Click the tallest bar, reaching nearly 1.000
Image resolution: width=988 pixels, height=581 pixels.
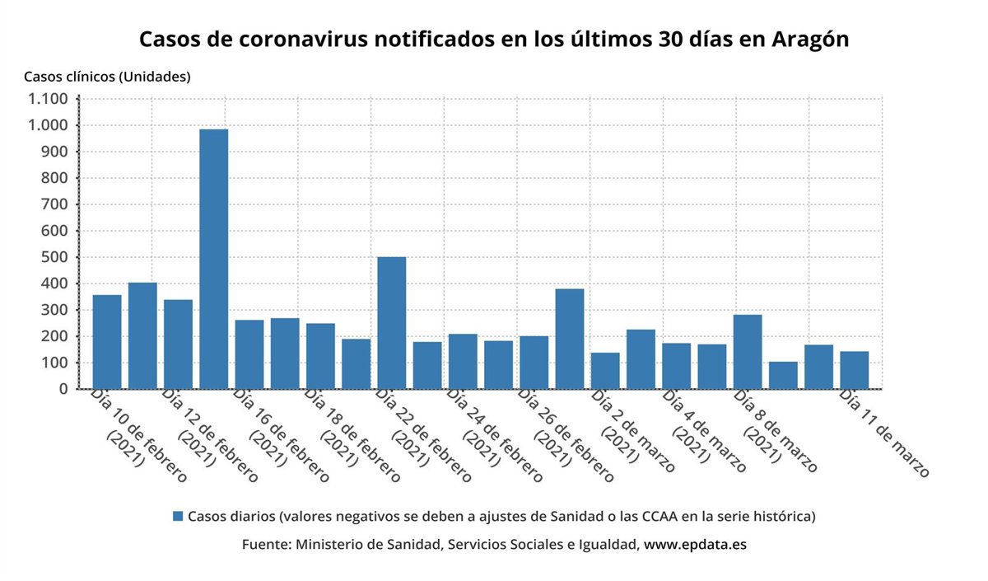(213, 259)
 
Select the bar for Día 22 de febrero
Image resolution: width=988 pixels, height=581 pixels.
(391, 323)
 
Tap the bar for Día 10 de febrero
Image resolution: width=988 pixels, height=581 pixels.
(107, 342)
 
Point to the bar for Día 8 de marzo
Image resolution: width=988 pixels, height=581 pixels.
(747, 352)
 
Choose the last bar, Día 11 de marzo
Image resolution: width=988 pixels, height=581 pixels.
(854, 370)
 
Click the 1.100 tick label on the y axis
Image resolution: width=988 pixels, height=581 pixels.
(48, 99)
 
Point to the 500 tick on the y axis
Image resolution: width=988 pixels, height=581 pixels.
(54, 257)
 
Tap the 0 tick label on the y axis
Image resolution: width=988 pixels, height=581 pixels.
(62, 389)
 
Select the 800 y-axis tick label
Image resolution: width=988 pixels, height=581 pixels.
(54, 178)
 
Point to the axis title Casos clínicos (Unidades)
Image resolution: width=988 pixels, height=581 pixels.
(107, 77)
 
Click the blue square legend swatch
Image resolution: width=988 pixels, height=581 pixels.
(178, 517)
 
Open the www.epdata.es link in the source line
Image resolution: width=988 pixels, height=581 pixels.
(695, 545)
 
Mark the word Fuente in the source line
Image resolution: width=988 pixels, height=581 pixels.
(264, 545)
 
